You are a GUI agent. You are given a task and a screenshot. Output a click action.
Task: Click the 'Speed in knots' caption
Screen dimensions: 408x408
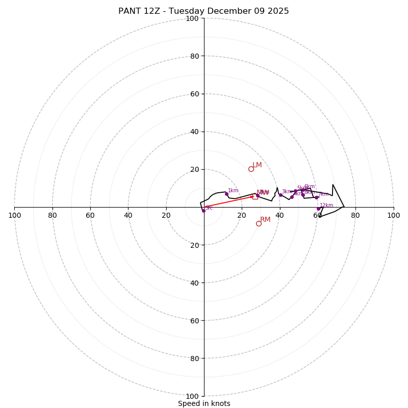tap(204, 403)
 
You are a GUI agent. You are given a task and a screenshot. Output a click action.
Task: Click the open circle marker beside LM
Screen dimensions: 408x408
tap(251, 169)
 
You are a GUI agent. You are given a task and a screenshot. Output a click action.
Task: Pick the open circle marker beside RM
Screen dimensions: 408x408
tap(259, 223)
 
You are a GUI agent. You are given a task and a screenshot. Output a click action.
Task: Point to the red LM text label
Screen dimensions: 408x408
tap(257, 165)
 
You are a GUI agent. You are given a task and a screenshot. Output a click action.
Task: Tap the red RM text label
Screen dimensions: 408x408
tap(265, 219)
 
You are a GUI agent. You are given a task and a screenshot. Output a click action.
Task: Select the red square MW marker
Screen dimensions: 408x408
tap(255, 196)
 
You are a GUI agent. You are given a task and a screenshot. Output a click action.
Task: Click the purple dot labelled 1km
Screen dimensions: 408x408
tap(226, 194)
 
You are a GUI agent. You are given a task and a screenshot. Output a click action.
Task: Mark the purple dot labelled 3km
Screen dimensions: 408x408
tap(280, 195)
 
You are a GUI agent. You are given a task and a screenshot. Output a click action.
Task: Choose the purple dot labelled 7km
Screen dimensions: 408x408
tap(316, 197)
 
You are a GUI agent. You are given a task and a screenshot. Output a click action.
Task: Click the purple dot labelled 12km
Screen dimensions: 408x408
tap(318, 209)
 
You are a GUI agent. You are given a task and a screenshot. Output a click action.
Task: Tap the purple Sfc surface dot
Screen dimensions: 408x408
tap(203, 211)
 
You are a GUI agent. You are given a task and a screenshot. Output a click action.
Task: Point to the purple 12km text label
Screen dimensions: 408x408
tap(326, 205)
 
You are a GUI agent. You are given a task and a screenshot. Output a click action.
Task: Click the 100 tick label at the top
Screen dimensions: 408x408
tap(192, 18)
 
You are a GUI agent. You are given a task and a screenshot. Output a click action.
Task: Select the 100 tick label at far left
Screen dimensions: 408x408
tap(14, 215)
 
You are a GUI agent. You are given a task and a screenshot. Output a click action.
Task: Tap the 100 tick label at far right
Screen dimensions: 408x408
tap(393, 215)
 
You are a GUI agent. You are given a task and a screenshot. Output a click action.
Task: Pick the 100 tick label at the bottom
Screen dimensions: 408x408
tap(192, 396)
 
